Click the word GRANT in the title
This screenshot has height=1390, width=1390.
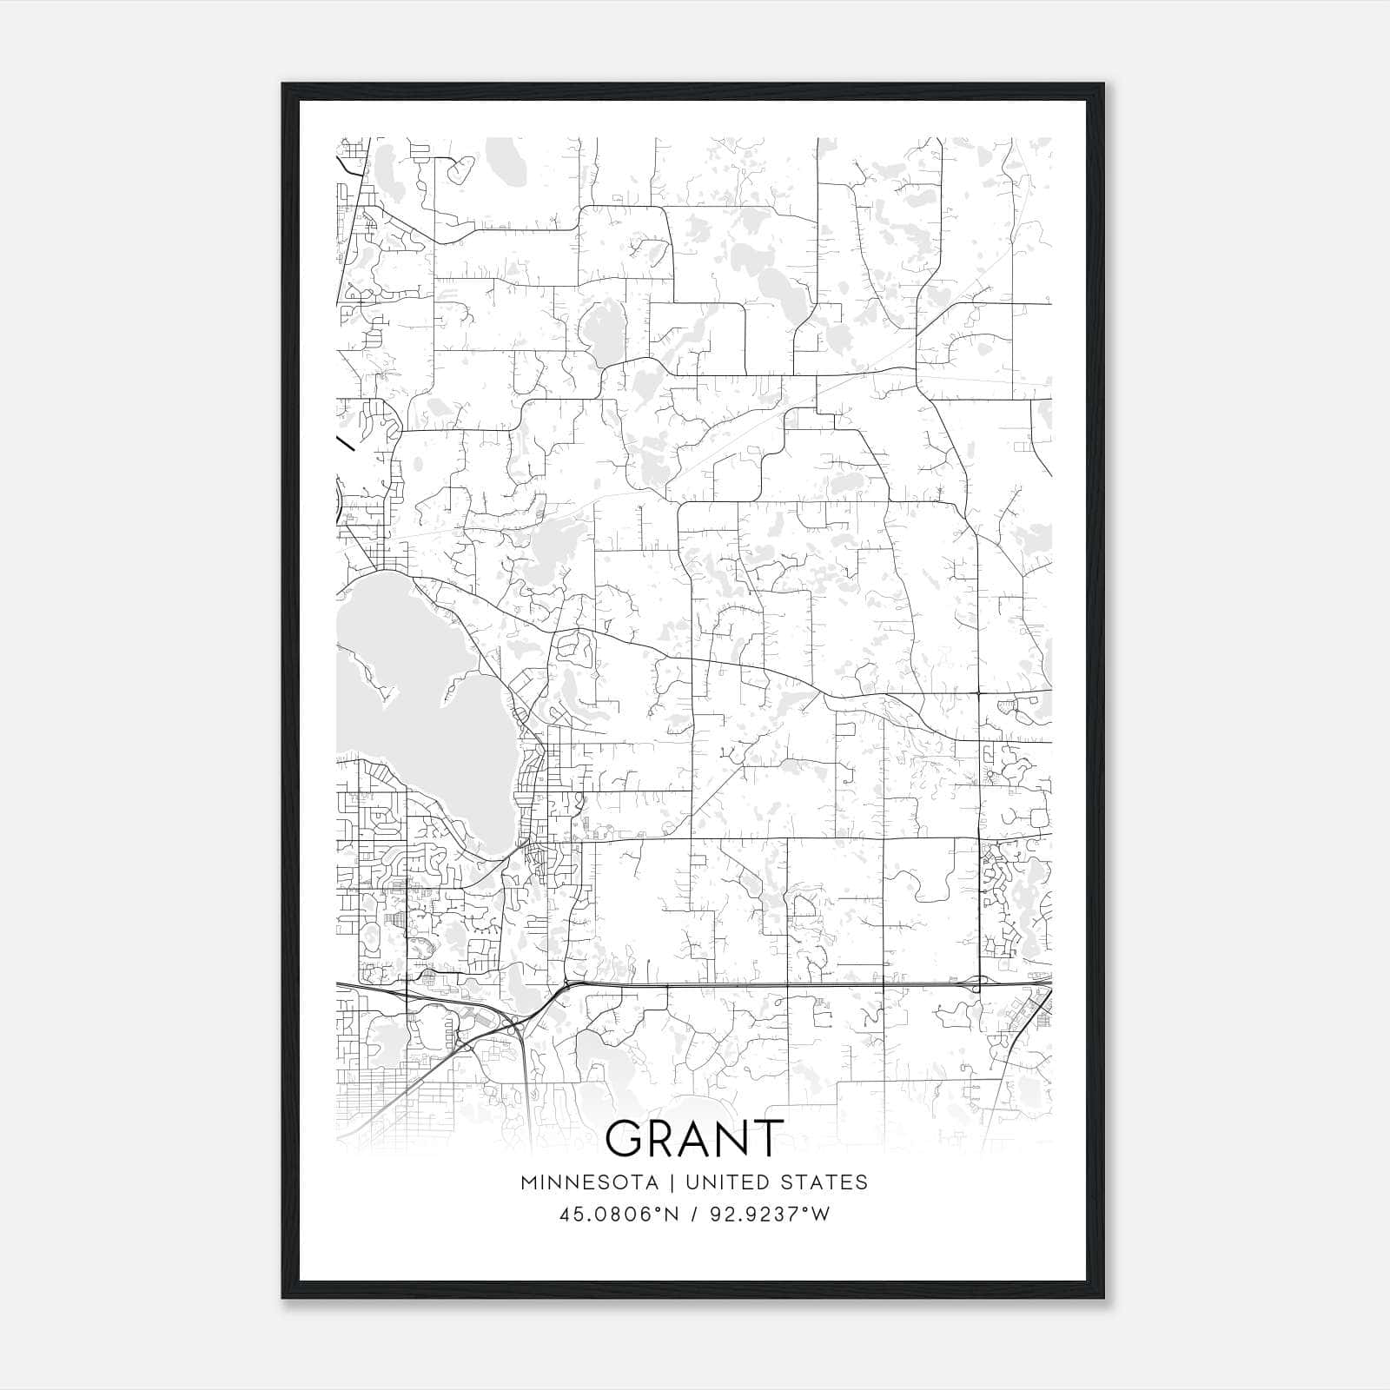[x=694, y=1138]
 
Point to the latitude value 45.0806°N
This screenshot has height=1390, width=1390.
[x=618, y=1214]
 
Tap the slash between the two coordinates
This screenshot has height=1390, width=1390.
[x=694, y=1214]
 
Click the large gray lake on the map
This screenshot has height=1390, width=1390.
[x=408, y=686]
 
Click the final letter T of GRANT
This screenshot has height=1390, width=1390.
[x=764, y=1138]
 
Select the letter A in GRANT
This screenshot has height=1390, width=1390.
[x=694, y=1138]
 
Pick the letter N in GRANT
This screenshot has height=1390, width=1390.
[x=731, y=1138]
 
